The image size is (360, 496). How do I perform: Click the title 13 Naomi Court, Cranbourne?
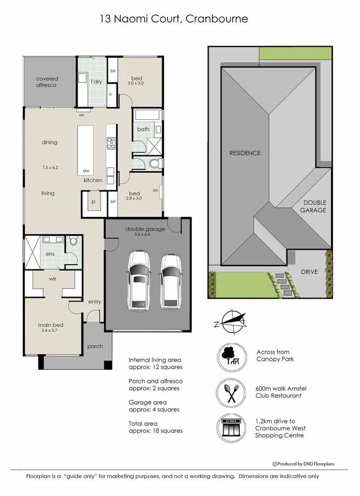point(174,19)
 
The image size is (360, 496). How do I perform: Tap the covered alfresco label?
point(47,82)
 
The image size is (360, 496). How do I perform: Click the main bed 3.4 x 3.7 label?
point(51,328)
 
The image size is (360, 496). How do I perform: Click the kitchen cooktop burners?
point(110,143)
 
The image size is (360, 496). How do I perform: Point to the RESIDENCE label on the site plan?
point(245,153)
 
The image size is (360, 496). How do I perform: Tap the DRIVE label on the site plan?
point(309,272)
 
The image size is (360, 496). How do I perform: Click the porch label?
point(95,346)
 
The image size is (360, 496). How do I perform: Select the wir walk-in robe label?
point(52,278)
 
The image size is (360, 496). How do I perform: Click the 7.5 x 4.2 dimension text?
point(49,168)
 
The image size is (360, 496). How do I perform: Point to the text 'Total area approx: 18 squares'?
point(155,427)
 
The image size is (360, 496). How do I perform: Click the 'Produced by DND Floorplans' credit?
point(304,464)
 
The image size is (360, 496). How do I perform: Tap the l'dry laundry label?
point(96,81)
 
